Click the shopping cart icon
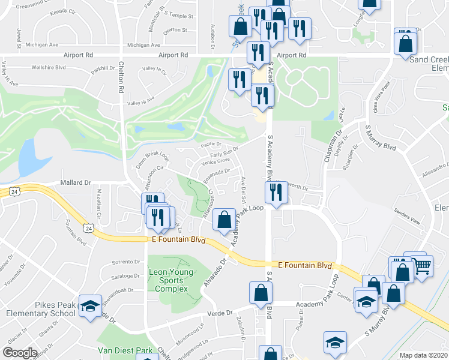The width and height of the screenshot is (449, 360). point(422,265)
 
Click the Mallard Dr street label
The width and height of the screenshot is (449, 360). point(75,182)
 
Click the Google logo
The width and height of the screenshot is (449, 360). point(20,353)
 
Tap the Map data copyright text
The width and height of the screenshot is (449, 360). point(424,355)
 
